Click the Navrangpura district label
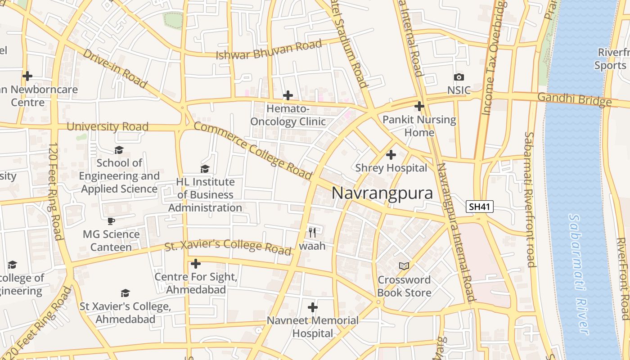click(x=382, y=193)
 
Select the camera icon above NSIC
click(x=459, y=77)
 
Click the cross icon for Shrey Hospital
click(x=391, y=155)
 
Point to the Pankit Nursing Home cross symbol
click(x=419, y=106)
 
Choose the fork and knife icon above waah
click(x=312, y=232)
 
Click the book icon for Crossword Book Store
click(x=404, y=266)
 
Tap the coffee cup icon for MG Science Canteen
click(x=111, y=221)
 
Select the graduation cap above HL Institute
click(x=205, y=169)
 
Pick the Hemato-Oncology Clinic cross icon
click(x=288, y=95)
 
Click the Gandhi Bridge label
click(x=574, y=99)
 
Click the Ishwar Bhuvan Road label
click(x=269, y=49)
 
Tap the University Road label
click(x=107, y=126)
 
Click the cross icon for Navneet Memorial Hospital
click(x=312, y=307)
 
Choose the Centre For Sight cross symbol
click(x=195, y=263)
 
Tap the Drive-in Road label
click(x=115, y=68)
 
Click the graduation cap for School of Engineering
click(x=119, y=149)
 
